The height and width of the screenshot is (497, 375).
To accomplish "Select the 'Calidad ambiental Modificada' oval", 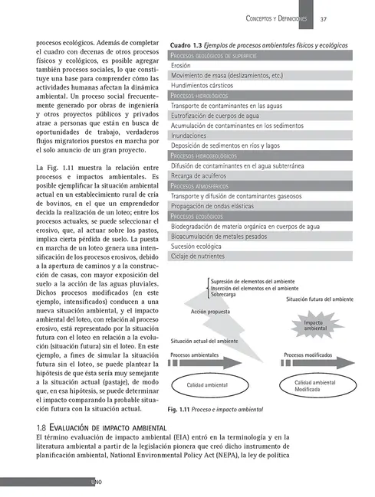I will [315, 386].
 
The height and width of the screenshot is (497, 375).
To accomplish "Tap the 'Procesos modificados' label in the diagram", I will [308, 355].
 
